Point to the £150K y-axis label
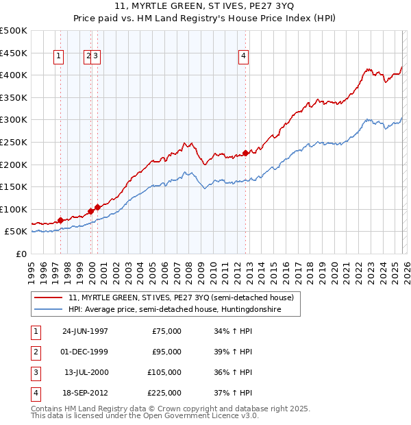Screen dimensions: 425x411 (x=14, y=186)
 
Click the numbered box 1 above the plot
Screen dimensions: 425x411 (x=60, y=57)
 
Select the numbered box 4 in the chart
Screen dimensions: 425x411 (x=243, y=57)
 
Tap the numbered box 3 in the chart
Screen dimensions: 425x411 (x=97, y=57)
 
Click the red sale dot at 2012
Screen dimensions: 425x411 (x=245, y=154)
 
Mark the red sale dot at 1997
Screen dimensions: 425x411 (x=60, y=220)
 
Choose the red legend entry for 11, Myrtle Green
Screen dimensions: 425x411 (x=181, y=297)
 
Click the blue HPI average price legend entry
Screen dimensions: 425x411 (x=184, y=310)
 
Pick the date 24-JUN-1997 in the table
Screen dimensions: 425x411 (x=85, y=331)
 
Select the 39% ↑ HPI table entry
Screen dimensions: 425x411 (x=234, y=352)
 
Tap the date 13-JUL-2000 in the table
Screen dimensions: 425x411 (x=86, y=372)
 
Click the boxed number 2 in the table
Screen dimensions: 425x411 (x=35, y=352)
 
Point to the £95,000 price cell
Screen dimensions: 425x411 (x=166, y=352)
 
